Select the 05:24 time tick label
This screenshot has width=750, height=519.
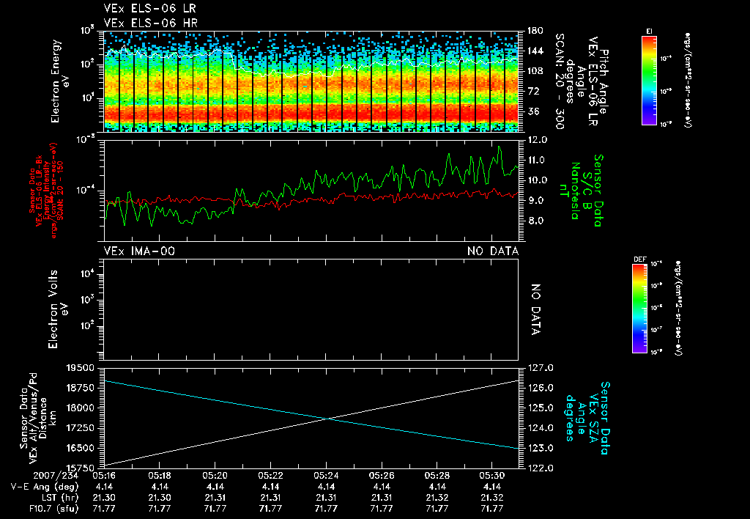(326, 475)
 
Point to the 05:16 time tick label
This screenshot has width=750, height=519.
(104, 475)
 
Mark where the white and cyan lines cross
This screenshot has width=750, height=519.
(325, 419)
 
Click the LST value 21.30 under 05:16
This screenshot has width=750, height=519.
(104, 496)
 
